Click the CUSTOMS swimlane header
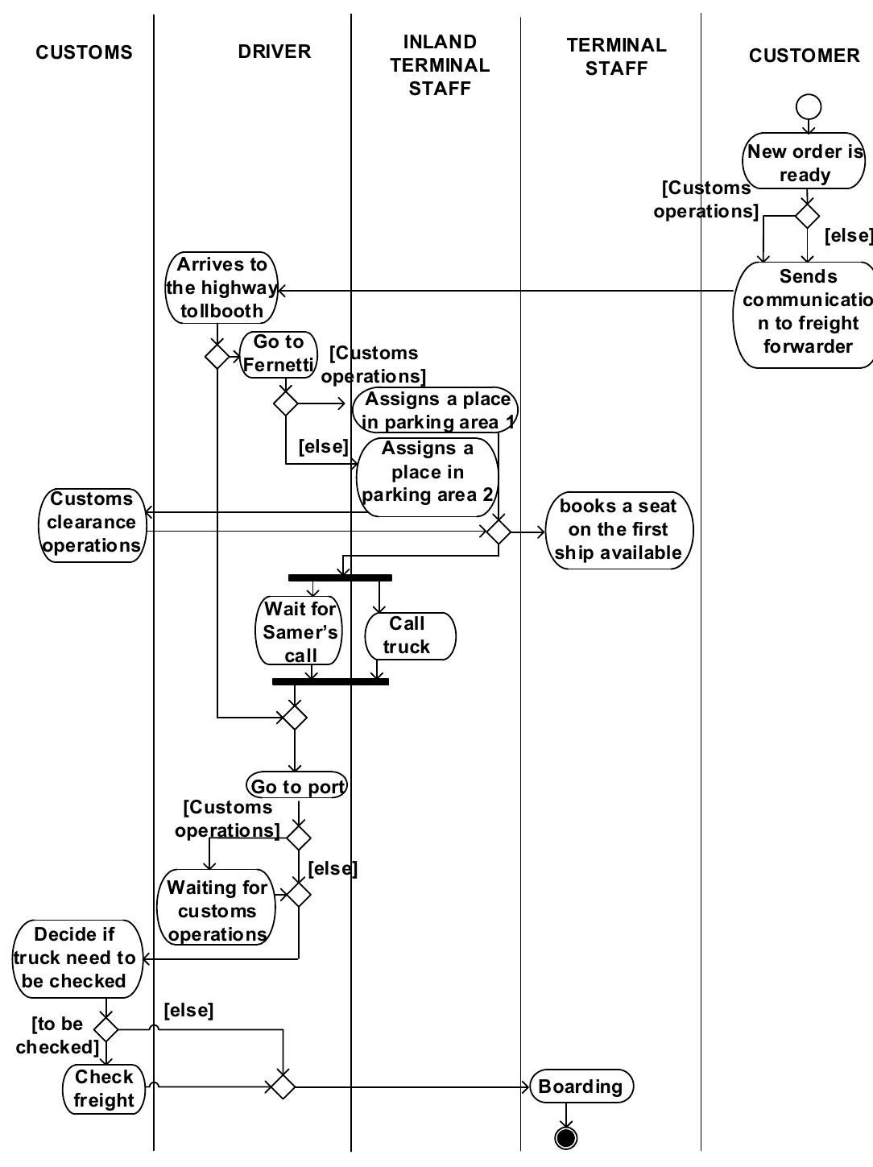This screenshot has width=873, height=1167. tap(84, 52)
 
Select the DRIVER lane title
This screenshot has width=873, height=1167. tap(274, 52)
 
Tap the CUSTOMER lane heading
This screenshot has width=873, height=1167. tap(804, 56)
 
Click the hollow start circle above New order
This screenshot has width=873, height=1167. tap(808, 106)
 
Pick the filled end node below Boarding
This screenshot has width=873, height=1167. tap(566, 1137)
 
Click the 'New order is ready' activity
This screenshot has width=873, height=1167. tap(805, 162)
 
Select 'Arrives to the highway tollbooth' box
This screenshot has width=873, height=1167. tap(221, 288)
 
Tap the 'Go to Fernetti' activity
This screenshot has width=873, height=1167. tap(278, 354)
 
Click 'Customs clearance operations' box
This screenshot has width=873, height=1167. tap(91, 523)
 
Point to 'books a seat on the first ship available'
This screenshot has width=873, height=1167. tap(619, 529)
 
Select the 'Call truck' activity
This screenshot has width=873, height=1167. tap(410, 635)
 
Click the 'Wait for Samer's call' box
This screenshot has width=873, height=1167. tap(300, 631)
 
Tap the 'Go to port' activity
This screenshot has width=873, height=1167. tap(297, 786)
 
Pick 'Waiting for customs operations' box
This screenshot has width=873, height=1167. tap(217, 910)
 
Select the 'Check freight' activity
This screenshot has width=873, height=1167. tap(105, 1089)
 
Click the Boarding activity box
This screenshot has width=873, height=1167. tap(581, 1086)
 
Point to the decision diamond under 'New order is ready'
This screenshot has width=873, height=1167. tap(807, 216)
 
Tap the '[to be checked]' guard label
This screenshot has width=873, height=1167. tap(58, 1035)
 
